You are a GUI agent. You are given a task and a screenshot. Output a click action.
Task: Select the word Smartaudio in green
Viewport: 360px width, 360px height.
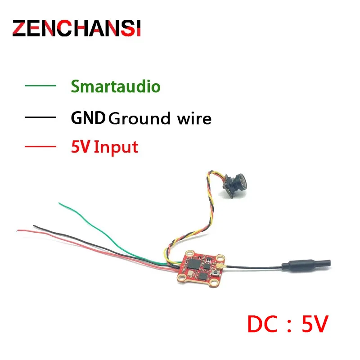pos(115,85)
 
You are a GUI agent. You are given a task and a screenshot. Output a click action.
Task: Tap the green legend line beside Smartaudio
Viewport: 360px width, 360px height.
pos(41,85)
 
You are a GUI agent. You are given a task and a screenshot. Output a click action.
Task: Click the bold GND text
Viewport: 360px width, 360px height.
pos(88,118)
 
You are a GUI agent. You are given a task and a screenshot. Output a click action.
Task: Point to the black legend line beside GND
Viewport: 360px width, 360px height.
pos(41,118)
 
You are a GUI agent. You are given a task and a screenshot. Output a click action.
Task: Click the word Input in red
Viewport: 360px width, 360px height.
pos(116,147)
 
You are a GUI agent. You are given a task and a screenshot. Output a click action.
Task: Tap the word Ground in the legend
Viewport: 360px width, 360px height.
pos(140,119)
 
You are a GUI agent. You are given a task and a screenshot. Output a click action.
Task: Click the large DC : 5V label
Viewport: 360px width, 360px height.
pos(288,324)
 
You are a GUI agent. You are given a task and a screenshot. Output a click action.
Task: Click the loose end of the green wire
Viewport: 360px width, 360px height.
pos(60,203)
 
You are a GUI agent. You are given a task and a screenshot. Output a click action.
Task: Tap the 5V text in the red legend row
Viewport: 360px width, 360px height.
pos(81,147)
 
